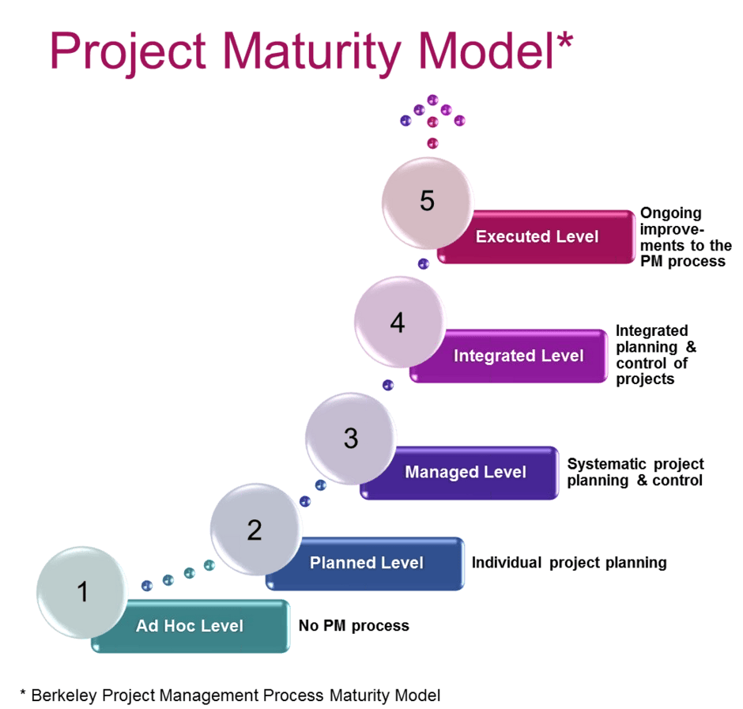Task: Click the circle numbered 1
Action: point(82,591)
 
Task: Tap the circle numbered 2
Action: point(255,529)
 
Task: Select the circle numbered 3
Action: point(350,439)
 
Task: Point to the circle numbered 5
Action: point(428,202)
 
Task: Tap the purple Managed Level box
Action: point(466,473)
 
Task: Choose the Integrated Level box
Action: point(518,356)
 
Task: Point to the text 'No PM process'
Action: point(353,626)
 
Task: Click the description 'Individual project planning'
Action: point(569,563)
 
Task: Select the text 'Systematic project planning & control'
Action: point(635,472)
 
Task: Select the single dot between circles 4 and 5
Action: point(424,264)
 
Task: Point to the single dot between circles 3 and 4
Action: point(387,385)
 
